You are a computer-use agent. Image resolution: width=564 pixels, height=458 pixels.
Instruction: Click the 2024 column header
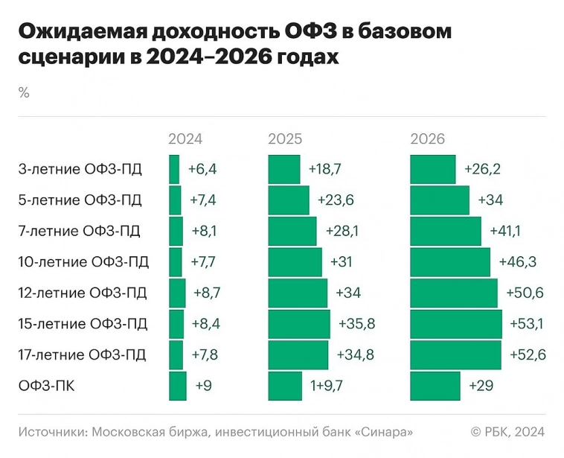coord(185,139)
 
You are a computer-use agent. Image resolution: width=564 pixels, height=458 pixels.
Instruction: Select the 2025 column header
coord(284,139)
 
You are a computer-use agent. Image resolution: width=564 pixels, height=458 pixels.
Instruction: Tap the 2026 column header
coord(427,139)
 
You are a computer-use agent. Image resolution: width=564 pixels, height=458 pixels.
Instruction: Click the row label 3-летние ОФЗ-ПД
coord(80,169)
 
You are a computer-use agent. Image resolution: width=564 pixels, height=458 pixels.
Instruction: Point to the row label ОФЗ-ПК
coord(46,386)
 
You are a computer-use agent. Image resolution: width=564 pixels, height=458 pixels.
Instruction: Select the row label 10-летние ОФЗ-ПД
coord(83,262)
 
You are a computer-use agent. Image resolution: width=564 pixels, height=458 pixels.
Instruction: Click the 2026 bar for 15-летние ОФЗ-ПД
coord(455,324)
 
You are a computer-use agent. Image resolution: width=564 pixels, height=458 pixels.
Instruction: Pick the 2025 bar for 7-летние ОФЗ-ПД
coord(292,231)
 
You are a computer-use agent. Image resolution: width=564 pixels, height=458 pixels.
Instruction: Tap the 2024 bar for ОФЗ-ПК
coord(177,386)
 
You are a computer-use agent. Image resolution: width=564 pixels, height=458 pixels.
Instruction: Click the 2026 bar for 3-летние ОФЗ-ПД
coord(432,169)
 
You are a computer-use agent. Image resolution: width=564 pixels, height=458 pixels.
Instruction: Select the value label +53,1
coord(527,324)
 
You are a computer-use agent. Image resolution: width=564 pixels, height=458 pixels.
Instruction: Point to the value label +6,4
coord(202,169)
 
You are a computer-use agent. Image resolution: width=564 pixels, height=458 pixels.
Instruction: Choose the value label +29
coord(482,386)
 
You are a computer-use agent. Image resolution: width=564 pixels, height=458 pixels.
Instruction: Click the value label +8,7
coord(207,293)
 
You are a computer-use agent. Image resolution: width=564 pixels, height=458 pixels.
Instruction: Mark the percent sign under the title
coord(24,93)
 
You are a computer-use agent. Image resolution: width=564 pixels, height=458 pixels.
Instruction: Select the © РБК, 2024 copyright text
coord(507,431)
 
